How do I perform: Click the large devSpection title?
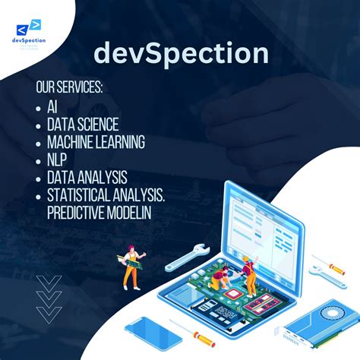click(181, 54)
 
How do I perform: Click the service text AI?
click(52, 107)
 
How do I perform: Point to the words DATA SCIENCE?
click(83, 125)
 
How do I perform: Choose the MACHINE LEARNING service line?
click(96, 142)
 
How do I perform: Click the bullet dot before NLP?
click(38, 160)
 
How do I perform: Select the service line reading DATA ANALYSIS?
click(87, 178)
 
